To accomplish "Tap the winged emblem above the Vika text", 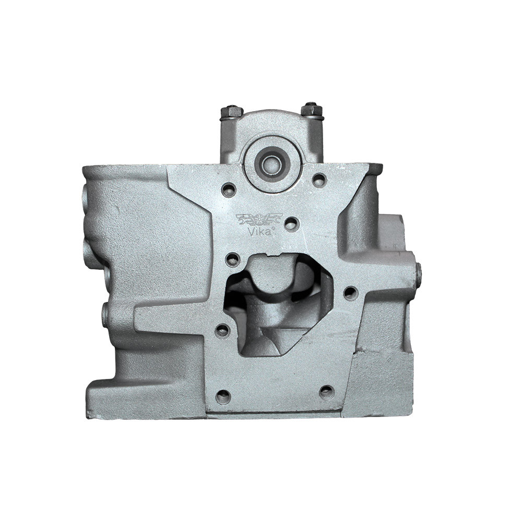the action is point(259,219).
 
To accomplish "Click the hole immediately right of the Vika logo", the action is point(292,224).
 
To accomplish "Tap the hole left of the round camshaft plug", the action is point(229,190).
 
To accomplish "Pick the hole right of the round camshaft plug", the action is point(319,179).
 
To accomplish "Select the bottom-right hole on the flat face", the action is point(327,392).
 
